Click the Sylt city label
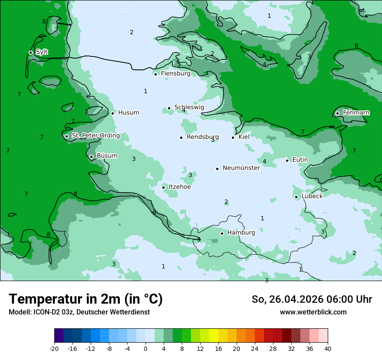[42, 52]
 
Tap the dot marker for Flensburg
[155, 74]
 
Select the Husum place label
[128, 113]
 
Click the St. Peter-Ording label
[95, 136]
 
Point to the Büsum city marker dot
[91, 157]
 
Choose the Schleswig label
[189, 107]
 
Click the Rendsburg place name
[202, 137]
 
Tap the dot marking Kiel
[233, 137]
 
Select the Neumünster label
[241, 168]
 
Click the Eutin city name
[300, 160]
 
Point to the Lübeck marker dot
[296, 197]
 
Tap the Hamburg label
[241, 233]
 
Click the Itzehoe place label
[180, 187]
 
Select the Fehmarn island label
[356, 113]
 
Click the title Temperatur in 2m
[86, 299]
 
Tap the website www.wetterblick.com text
[313, 312]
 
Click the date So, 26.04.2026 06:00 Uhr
[312, 299]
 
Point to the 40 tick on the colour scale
[327, 348]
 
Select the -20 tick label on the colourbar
[54, 348]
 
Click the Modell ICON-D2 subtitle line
[79, 312]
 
